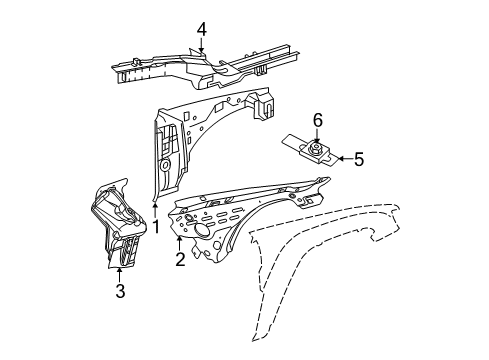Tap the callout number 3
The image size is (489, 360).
[120, 291]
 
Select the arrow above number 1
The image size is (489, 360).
[156, 208]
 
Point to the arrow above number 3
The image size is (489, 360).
[120, 273]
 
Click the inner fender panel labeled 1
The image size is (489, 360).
[200, 140]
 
